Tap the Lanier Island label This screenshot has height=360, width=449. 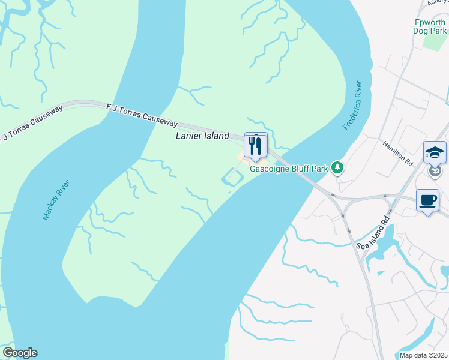[x=202, y=136]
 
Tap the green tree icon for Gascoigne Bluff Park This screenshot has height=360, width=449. [x=338, y=167]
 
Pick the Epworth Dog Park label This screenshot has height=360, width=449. [x=430, y=27]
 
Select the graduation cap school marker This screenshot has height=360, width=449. [x=434, y=152]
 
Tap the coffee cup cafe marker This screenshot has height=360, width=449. [x=427, y=200]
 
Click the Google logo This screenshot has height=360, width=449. [x=20, y=353]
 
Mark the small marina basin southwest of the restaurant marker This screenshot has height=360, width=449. [x=233, y=177]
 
